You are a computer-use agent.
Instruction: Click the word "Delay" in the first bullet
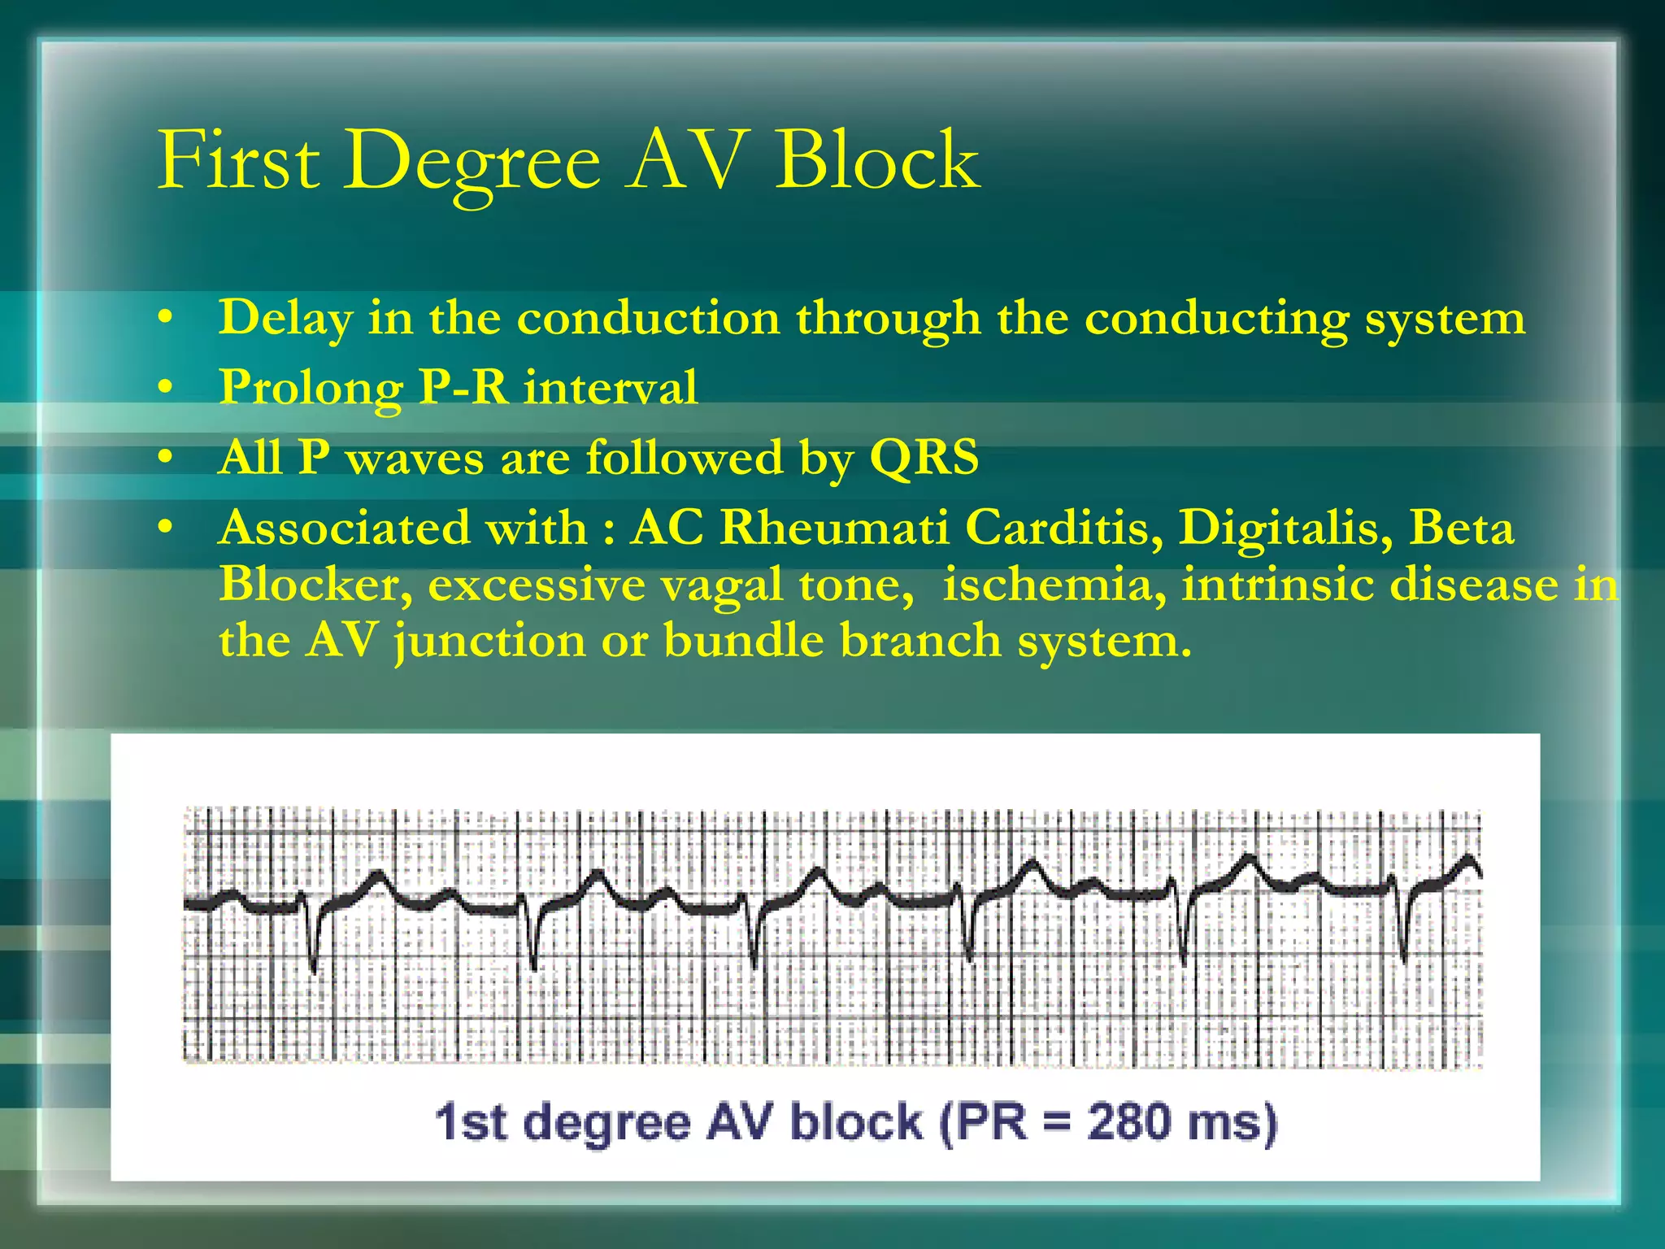pos(285,319)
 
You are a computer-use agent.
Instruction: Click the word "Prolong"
pos(311,389)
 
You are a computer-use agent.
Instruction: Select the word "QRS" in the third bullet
pos(924,457)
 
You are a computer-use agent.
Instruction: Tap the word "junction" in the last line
pos(489,642)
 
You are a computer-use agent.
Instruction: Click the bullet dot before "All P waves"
pos(166,458)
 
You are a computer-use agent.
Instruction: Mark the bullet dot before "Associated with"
pos(166,528)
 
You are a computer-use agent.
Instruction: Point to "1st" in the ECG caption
pos(471,1122)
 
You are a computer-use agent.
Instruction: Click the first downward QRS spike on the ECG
pos(314,943)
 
